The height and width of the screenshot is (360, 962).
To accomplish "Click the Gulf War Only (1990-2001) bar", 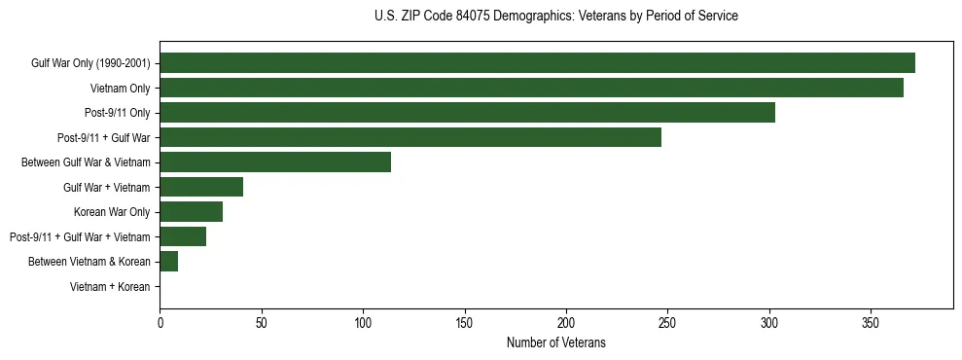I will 537,63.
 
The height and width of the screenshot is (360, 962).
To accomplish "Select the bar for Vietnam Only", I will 531,88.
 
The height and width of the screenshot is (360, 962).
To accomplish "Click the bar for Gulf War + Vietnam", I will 201,187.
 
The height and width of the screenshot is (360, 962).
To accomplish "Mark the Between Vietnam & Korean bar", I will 168,262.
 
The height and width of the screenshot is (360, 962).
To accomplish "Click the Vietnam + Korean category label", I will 110,287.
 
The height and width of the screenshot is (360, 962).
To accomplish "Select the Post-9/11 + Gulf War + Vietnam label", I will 80,237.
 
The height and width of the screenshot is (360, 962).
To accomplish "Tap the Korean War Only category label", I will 112,212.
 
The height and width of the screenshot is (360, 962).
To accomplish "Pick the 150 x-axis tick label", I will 464,321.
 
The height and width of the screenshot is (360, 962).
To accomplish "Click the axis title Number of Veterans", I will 555,342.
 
